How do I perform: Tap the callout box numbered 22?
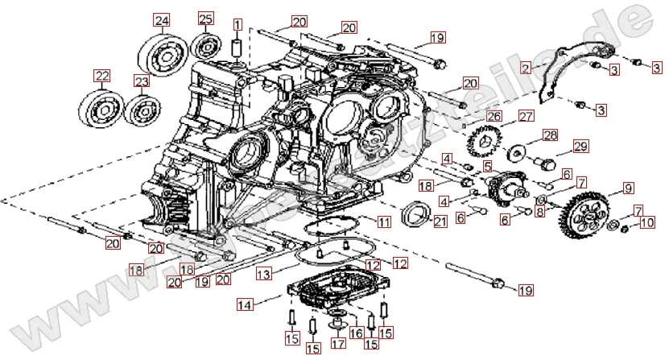(101, 77)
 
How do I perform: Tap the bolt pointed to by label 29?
(545, 165)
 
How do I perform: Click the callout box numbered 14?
(244, 304)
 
